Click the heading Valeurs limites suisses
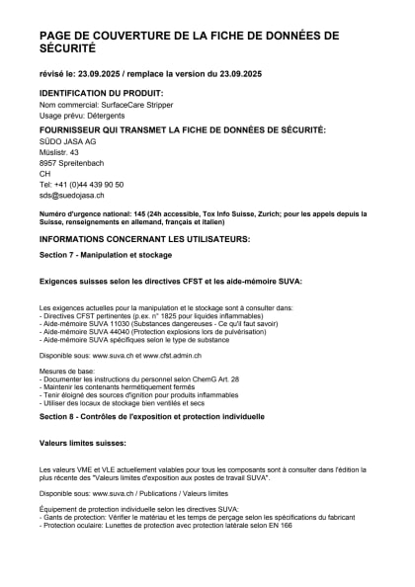click(x=83, y=443)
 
